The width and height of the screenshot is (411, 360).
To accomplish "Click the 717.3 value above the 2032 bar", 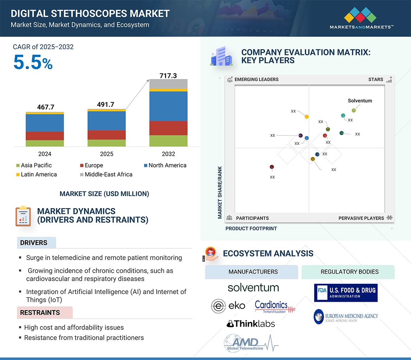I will click(168, 75).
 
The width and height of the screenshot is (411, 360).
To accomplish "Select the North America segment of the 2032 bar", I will click(168, 106).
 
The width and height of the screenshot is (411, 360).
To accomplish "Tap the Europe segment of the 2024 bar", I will click(45, 136).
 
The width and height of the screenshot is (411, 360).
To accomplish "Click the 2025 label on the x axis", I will click(106, 154).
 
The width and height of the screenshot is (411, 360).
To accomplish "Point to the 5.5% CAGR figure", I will click(33, 63).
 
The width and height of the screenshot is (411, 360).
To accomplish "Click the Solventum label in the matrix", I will click(360, 101).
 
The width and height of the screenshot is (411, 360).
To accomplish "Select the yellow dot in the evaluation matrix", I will click(307, 116).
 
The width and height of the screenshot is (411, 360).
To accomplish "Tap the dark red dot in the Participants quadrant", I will click(272, 167).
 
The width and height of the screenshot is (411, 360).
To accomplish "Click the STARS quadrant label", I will click(376, 79).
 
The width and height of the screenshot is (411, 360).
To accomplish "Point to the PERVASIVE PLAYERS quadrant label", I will click(361, 218).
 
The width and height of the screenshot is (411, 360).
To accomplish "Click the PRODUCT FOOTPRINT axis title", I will click(251, 228).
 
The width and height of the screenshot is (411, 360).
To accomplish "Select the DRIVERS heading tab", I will click(34, 243).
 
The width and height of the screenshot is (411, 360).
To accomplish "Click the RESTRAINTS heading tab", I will click(40, 313).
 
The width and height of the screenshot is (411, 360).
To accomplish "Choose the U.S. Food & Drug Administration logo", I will click(346, 293).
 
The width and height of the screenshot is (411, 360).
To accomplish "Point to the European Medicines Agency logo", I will click(346, 316).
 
